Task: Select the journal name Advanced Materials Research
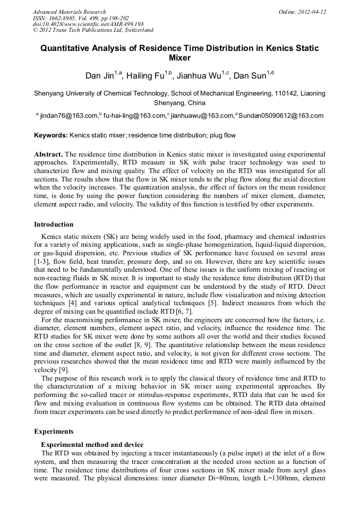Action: (x=69, y=12)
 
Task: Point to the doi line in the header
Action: (x=88, y=24)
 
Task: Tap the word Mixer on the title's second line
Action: (x=179, y=58)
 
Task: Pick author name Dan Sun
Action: (x=250, y=76)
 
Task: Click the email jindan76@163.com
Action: (x=68, y=116)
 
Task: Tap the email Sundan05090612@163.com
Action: (x=281, y=116)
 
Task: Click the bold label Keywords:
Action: (x=51, y=135)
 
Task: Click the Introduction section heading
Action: (x=54, y=225)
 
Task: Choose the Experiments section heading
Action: (x=54, y=432)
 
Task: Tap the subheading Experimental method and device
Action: (x=92, y=444)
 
